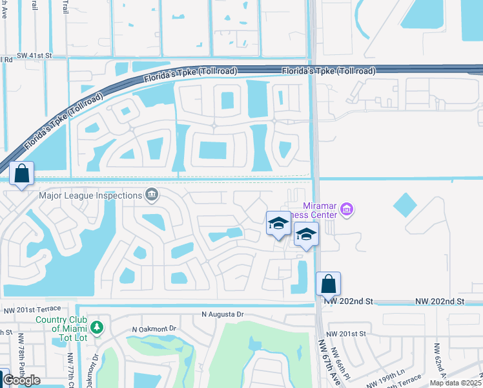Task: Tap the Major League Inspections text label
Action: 90,195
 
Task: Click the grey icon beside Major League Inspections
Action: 152,195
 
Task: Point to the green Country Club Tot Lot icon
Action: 96,328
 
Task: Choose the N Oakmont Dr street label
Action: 154,329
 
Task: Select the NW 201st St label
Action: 346,334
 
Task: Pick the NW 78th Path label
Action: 21,354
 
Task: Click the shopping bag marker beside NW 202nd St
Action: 328,283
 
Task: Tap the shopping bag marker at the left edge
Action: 22,173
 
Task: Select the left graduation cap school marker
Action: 278,224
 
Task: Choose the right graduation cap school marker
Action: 306,234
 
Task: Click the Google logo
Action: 21,380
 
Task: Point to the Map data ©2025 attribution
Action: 455,383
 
